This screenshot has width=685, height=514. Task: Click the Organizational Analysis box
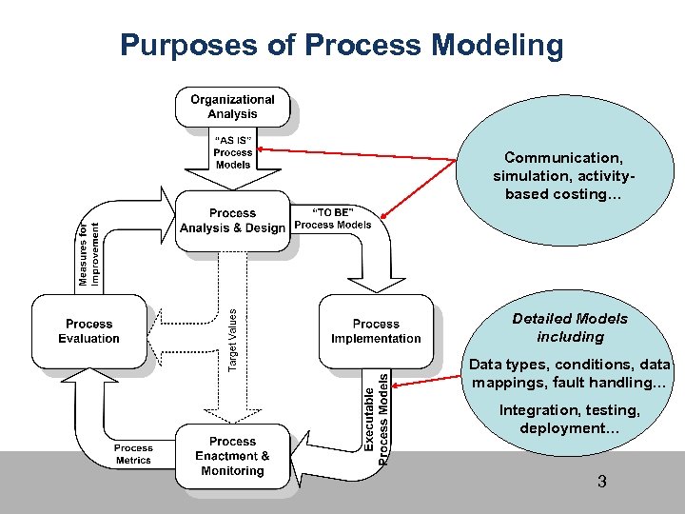232,107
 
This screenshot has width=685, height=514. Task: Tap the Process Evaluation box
89,331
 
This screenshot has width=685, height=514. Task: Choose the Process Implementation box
376,331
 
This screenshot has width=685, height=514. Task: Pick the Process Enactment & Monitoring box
232,456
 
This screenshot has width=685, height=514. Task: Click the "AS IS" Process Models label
232,151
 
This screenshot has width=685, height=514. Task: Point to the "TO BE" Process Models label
333,218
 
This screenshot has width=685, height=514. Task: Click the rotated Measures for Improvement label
88,254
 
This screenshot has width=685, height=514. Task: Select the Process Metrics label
133,454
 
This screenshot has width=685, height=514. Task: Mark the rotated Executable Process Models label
378,418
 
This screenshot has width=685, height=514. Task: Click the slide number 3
601,482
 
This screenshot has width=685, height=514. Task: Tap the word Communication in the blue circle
561,158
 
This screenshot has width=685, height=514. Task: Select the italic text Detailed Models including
570,327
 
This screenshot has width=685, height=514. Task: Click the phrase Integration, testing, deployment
570,419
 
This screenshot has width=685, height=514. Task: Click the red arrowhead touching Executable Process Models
395,386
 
